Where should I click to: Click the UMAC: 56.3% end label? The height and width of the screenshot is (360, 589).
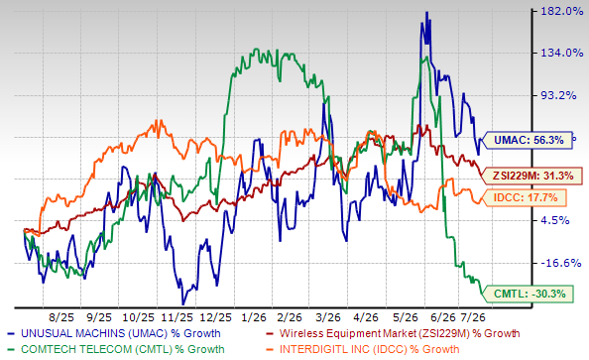point(527,140)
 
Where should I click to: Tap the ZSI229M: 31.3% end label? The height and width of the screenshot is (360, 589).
point(531,176)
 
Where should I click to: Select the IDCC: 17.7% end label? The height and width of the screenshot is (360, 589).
point(524,197)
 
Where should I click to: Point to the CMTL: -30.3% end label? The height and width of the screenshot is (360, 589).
point(529,294)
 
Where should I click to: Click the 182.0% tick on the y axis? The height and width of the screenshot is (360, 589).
point(562,11)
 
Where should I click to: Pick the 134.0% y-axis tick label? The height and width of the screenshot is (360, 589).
point(562,53)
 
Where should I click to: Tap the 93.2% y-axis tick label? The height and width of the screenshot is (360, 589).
point(558,95)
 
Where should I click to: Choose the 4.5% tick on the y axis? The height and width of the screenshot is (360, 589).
point(556,220)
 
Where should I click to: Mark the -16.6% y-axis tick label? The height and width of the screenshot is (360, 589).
point(561,263)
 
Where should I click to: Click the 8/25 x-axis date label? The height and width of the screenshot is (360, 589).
point(61,317)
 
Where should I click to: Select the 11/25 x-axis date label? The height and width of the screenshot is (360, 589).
point(177,317)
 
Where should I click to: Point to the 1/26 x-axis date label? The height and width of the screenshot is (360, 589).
point(254,317)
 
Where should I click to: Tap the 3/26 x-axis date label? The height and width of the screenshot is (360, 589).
point(328,317)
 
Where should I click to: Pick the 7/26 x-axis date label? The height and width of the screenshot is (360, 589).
point(473,317)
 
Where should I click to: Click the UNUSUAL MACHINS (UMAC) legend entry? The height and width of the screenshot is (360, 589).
point(114,333)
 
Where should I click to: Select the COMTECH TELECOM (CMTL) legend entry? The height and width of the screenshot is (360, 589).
point(116,349)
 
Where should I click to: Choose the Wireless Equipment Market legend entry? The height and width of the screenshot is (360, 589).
point(392,333)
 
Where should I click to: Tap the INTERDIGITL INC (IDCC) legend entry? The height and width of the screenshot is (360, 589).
point(362,349)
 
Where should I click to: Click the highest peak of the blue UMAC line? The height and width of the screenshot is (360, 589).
point(426,12)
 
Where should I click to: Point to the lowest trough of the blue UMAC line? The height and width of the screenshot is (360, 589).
point(182,304)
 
